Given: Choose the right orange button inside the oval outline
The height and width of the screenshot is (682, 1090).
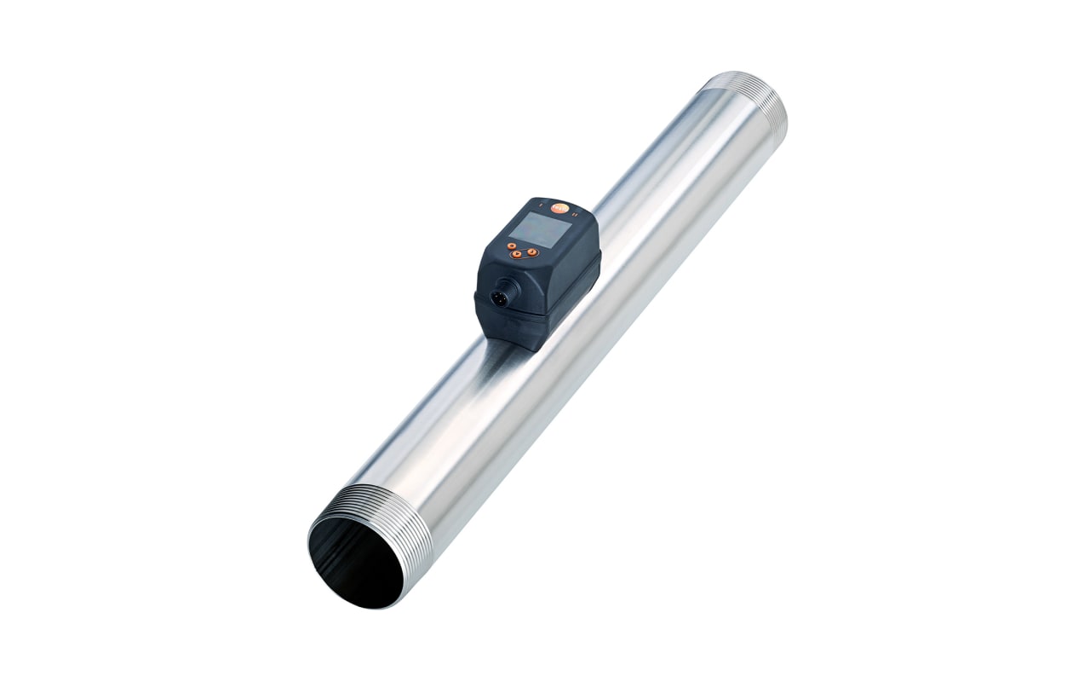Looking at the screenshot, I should [x=532, y=252].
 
